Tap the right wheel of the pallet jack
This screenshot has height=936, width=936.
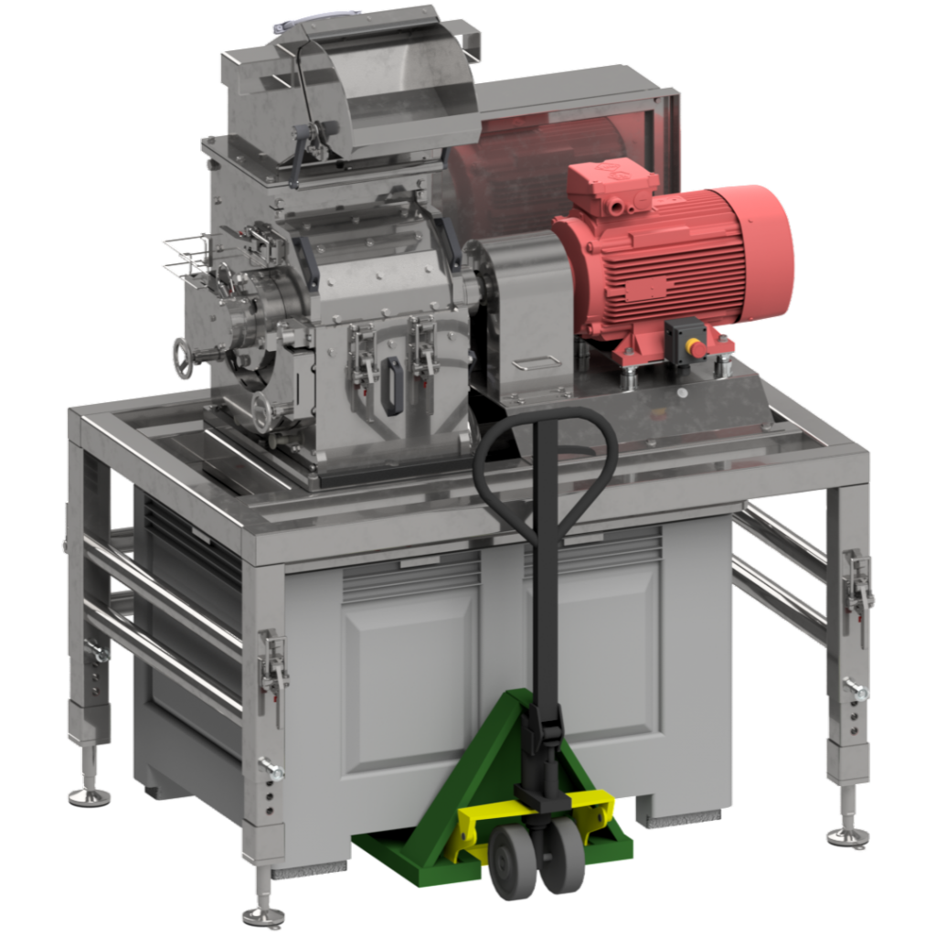point(560,855)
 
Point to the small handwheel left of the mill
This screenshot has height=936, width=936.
point(183,358)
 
